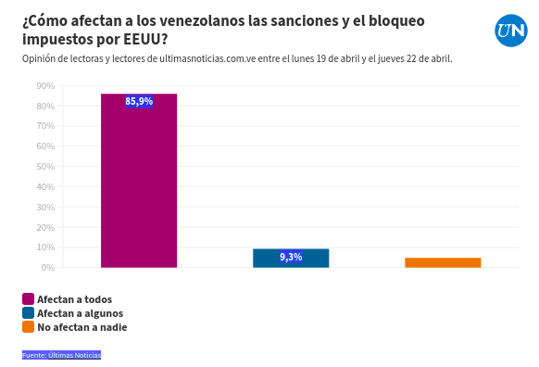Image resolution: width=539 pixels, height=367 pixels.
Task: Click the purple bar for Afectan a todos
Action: [x=139, y=181]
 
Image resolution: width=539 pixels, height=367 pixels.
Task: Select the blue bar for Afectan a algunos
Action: [x=291, y=259]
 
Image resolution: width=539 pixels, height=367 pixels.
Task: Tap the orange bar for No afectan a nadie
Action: [x=443, y=262]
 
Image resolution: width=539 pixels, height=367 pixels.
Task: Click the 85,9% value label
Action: [x=139, y=101]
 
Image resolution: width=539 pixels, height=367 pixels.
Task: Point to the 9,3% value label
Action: [x=291, y=257]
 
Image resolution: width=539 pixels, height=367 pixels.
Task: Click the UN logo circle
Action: [x=510, y=31]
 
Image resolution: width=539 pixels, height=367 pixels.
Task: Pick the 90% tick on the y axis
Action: [x=45, y=86]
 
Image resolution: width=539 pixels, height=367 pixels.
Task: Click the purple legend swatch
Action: [x=28, y=299]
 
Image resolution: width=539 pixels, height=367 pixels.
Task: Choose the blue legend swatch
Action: [x=28, y=313]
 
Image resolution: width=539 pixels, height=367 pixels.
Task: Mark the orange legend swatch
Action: [x=28, y=327]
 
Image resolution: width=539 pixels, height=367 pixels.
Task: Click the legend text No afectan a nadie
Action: [x=81, y=327]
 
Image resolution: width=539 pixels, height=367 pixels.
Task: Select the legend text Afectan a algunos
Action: [x=80, y=313]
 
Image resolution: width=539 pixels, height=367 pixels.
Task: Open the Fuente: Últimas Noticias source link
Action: [x=61, y=355]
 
